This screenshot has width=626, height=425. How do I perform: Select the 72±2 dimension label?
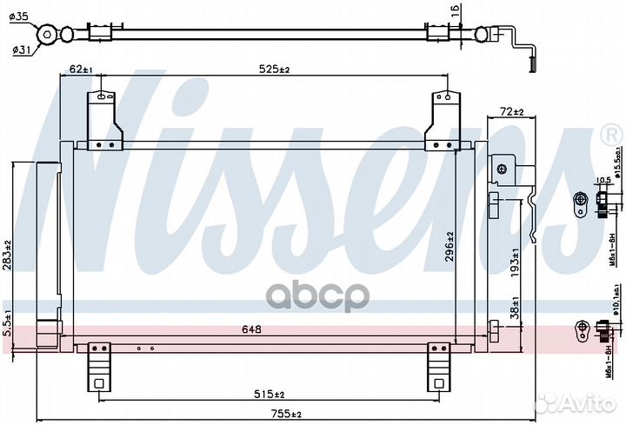coord(512,112)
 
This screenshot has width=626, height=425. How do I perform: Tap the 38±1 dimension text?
coord(516,309)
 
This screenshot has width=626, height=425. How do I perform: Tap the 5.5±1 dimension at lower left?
coord(7,323)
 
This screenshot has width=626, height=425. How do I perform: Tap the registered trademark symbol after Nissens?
coord(611,136)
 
